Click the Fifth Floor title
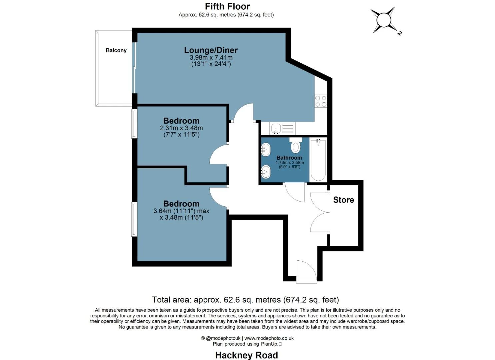point(227,6)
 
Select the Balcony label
point(116,50)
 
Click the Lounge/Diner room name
point(211,50)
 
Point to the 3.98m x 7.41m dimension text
point(211,58)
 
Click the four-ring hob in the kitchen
point(321,101)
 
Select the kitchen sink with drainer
point(282,128)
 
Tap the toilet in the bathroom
point(295,146)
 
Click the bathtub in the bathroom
point(318,160)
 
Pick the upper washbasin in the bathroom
point(266,149)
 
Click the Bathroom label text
point(289,158)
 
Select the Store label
point(343,200)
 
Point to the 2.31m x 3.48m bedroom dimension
point(181,128)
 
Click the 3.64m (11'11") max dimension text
point(181,211)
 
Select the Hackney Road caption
point(246,355)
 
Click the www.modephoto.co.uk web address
point(269,338)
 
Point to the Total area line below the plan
point(245,300)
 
